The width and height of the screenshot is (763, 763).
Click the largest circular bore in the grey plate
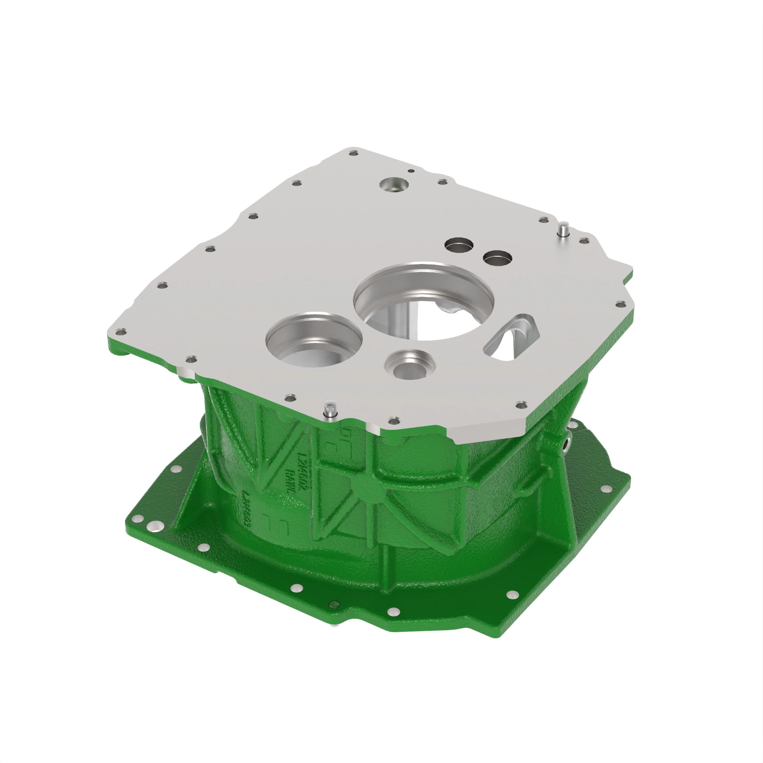click(423, 300)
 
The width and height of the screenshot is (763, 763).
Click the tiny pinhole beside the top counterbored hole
click(411, 171)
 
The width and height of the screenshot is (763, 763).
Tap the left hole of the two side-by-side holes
click(459, 245)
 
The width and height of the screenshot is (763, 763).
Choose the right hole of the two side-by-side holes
click(497, 258)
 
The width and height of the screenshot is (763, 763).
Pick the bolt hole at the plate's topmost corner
click(354, 153)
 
